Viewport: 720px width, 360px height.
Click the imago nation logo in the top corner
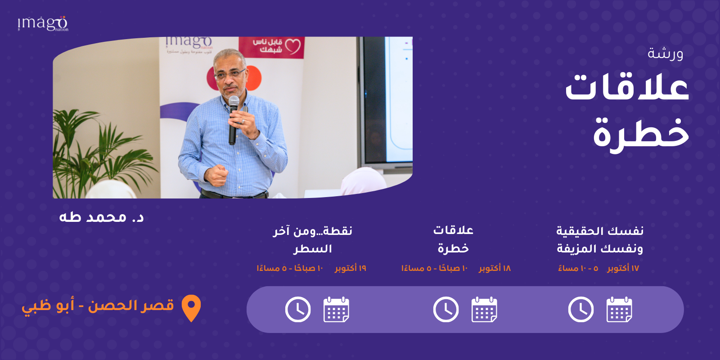(43, 23)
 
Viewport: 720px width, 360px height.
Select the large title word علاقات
(627, 88)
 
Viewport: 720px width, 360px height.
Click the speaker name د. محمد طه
(101, 217)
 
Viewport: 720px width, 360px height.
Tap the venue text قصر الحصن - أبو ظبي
(98, 306)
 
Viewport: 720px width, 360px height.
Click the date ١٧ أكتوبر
(623, 268)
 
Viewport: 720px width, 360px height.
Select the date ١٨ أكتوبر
(495, 268)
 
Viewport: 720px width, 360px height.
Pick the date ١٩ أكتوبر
(351, 268)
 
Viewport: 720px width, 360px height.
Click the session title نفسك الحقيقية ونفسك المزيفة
(600, 240)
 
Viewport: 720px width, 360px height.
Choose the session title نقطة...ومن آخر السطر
(312, 240)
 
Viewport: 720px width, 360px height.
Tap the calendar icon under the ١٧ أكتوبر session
(619, 310)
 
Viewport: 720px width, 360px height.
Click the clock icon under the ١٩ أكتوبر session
(298, 310)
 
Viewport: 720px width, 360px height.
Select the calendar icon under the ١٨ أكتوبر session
(484, 310)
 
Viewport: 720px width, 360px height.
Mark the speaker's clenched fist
(216, 175)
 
